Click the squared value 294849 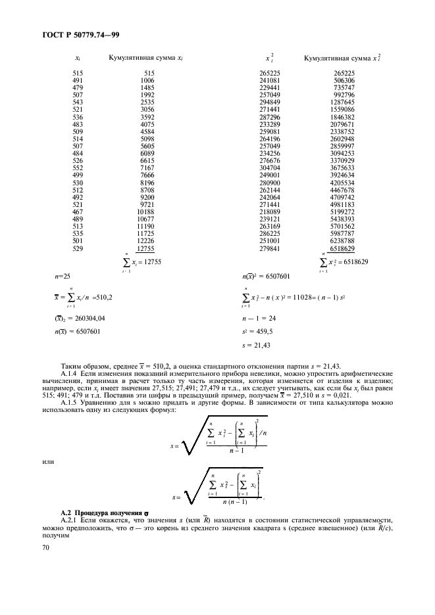pyautogui.click(x=272, y=102)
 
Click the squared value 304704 pyautogui.click(x=272, y=185)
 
